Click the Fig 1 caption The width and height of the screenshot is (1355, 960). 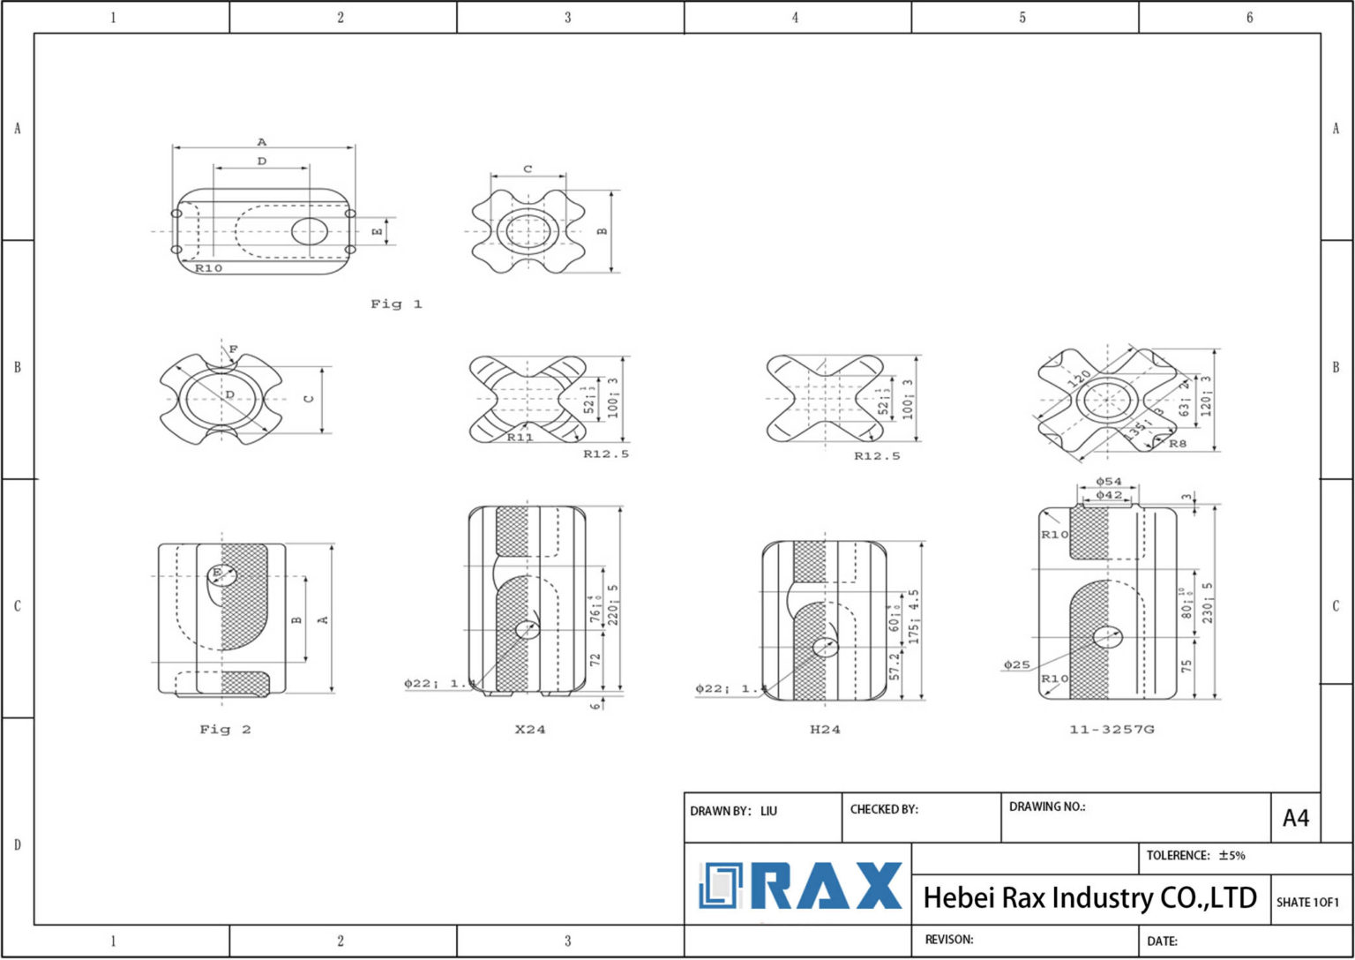click(x=396, y=304)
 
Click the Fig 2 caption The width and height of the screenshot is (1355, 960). click(x=225, y=730)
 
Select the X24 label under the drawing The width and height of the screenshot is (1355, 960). click(x=530, y=730)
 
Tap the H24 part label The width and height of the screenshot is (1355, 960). click(x=825, y=730)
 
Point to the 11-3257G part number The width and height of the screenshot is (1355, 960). click(x=1112, y=730)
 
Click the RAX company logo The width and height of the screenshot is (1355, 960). click(x=800, y=886)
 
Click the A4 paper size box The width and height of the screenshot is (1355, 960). click(x=1295, y=818)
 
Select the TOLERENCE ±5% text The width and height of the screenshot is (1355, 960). click(x=1195, y=855)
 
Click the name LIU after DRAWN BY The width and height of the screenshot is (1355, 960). click(x=768, y=811)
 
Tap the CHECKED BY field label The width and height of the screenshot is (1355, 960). click(x=884, y=809)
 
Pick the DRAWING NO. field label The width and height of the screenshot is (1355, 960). click(x=1047, y=806)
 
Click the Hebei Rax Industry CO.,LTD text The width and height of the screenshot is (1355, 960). click(x=1089, y=898)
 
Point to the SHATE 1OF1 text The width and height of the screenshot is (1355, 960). click(x=1307, y=902)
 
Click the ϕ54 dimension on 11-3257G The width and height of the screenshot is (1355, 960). click(x=1109, y=482)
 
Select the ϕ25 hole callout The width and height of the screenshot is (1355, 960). click(x=1016, y=664)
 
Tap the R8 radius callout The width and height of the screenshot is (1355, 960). click(x=1178, y=444)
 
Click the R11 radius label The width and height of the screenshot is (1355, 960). click(x=520, y=437)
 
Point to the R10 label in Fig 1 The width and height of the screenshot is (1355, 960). click(x=208, y=268)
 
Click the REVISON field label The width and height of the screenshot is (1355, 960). click(x=949, y=940)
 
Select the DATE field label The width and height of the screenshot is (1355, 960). click(x=1162, y=941)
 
